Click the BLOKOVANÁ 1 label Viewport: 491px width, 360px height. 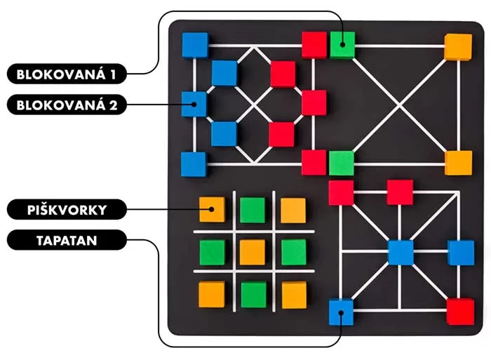point(67,74)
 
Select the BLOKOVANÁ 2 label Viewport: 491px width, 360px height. point(67,105)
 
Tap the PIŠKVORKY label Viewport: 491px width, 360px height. point(67,209)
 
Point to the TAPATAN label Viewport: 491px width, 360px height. point(67,240)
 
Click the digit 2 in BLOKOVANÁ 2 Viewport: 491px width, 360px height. point(114,105)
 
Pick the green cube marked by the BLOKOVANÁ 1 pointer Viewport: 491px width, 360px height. point(342,45)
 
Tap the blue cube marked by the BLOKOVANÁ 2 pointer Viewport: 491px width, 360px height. point(194,104)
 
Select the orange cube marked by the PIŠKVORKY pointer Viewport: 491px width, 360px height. point(212,209)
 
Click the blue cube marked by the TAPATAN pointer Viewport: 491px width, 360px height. point(342,312)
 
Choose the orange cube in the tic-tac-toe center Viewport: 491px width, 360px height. point(253,252)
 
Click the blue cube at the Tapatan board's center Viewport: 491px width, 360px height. point(401,252)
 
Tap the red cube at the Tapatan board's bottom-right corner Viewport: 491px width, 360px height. point(460,312)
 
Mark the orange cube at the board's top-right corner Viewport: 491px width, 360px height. point(458,47)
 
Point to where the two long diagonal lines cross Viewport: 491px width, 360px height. point(400,105)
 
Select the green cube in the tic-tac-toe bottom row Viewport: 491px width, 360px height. point(254,295)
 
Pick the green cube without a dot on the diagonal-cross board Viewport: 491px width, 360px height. point(342,164)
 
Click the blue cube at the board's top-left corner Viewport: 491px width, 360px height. point(195,45)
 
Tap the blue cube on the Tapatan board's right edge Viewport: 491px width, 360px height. point(461,253)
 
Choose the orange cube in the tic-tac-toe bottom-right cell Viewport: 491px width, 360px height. point(295,295)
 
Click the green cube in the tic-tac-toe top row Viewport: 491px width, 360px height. point(253,210)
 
